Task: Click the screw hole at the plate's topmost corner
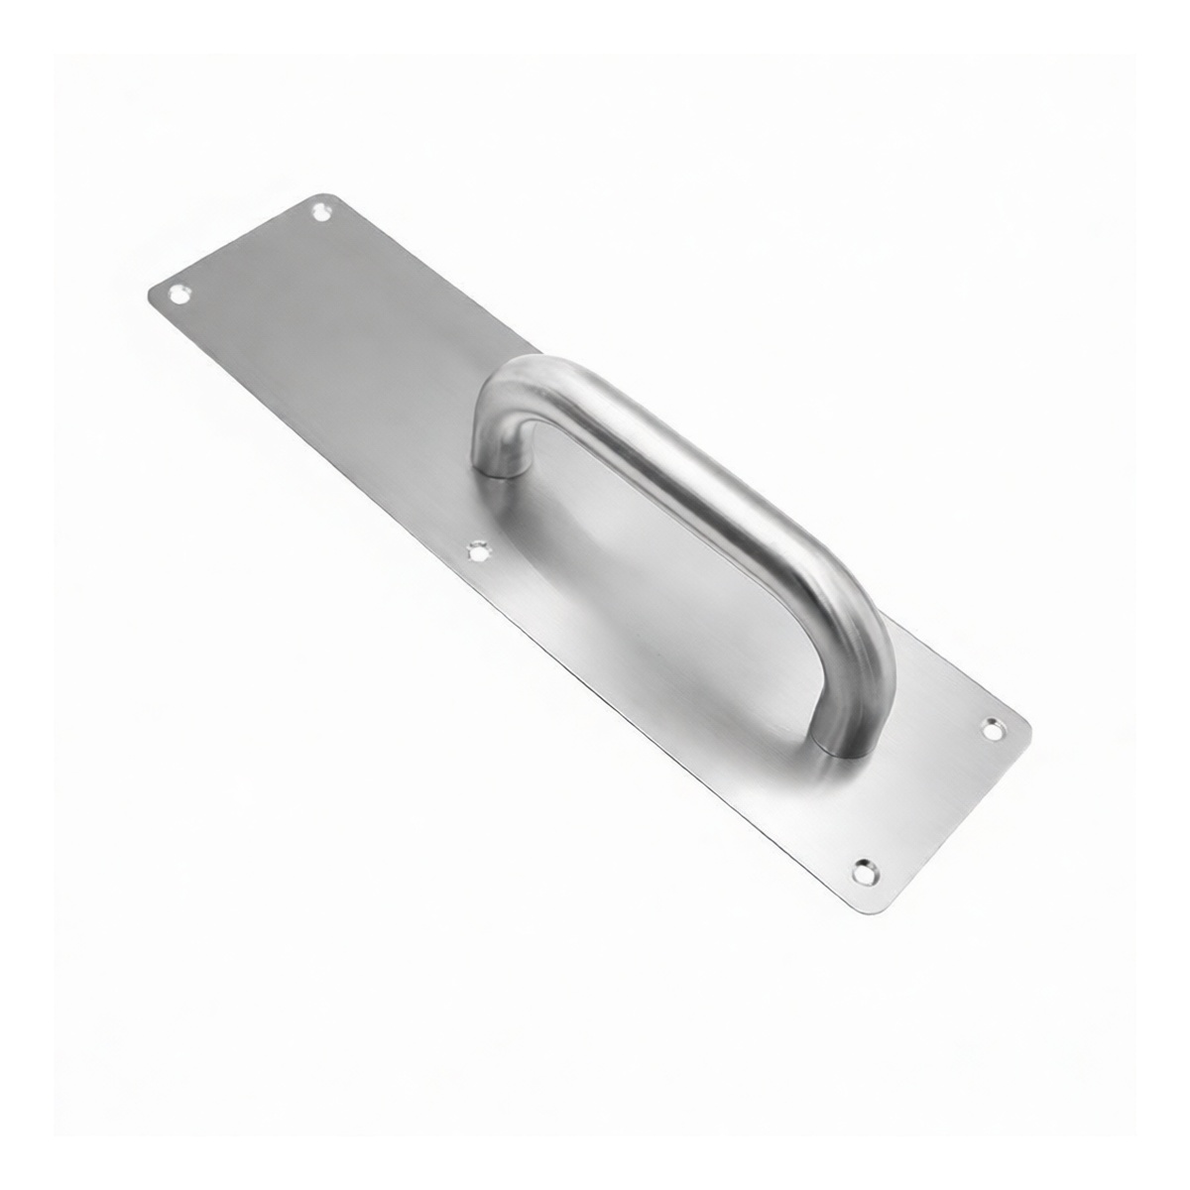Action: (x=320, y=210)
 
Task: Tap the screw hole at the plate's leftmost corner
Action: (x=179, y=294)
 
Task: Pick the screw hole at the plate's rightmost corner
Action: (x=992, y=729)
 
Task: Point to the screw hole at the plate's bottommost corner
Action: (x=865, y=872)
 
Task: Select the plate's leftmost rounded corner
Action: (x=151, y=295)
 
